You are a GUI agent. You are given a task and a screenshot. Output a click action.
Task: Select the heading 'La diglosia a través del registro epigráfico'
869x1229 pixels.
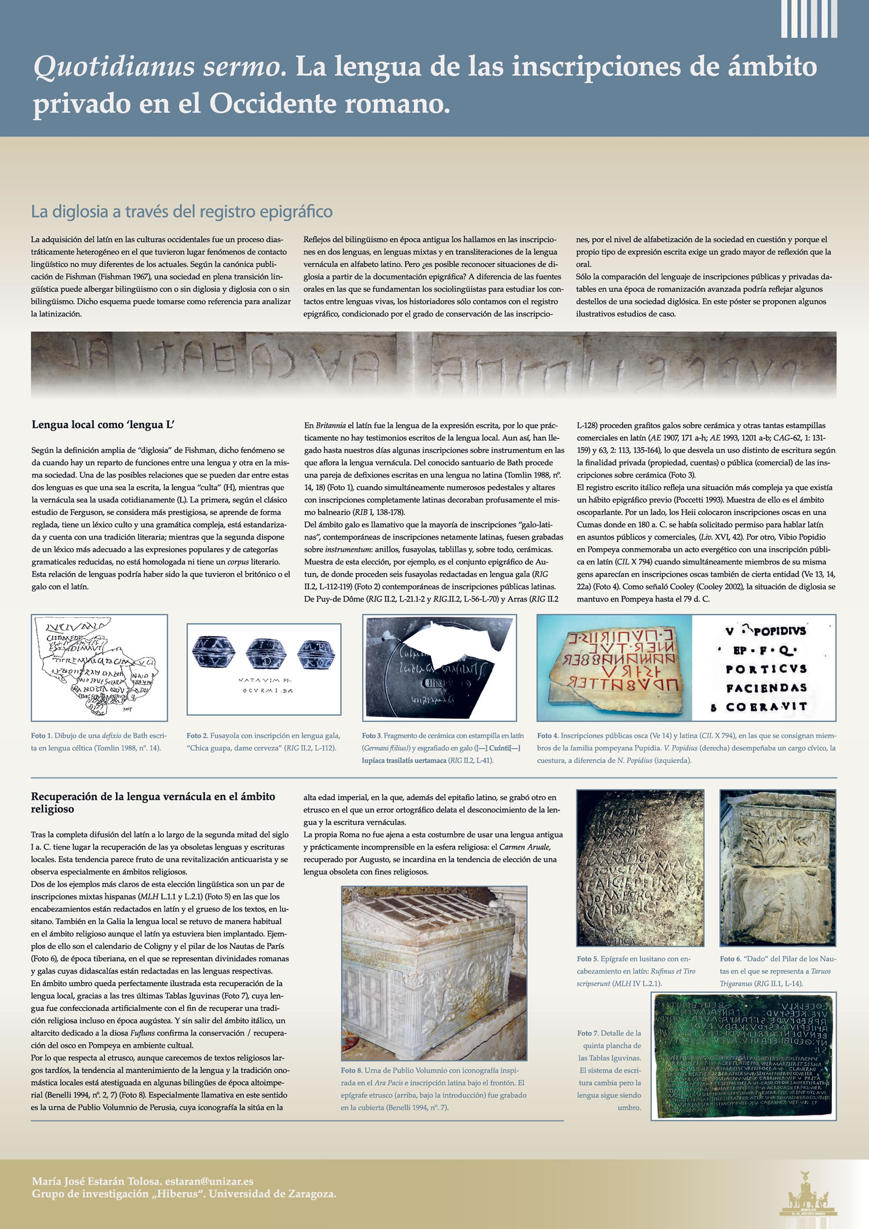point(181,212)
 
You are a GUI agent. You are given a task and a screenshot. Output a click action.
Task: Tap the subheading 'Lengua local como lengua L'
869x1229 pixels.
point(103,425)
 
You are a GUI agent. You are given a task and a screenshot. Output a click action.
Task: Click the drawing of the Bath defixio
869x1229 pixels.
point(98,667)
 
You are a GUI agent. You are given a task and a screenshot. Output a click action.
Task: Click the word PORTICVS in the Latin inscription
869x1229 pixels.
point(766,669)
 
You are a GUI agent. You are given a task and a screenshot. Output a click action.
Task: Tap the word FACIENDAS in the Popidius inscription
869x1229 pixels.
point(766,688)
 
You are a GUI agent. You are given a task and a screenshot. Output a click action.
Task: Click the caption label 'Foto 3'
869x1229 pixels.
point(371,736)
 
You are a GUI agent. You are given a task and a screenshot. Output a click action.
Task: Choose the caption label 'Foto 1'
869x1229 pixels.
point(41,736)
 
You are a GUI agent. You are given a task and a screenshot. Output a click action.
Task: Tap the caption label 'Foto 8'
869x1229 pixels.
point(351,1070)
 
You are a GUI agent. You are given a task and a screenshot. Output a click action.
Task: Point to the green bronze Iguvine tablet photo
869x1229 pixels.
point(743,1056)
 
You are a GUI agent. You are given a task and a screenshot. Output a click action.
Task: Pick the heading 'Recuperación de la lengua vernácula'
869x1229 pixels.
point(153,803)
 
